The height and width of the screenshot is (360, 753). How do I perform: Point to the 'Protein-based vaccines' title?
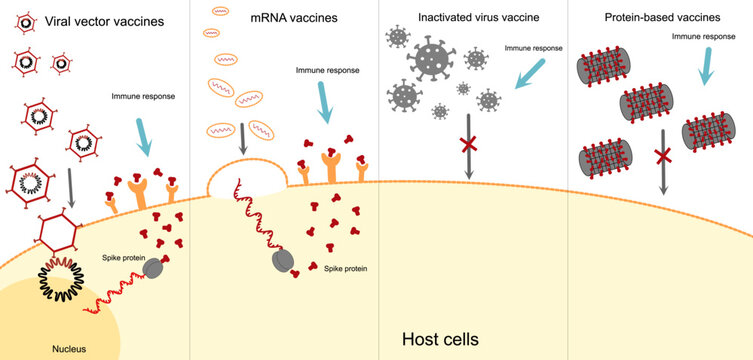click(x=660, y=18)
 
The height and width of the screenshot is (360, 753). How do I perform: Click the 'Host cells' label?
click(x=440, y=340)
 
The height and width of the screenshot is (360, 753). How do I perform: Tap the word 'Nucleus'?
click(x=70, y=349)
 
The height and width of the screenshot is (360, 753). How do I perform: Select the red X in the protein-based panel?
click(x=660, y=157)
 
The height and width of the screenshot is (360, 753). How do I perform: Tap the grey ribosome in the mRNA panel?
click(x=282, y=262)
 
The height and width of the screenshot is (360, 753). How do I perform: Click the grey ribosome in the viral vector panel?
click(x=155, y=267)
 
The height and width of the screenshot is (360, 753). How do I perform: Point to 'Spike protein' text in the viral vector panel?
click(x=123, y=258)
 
